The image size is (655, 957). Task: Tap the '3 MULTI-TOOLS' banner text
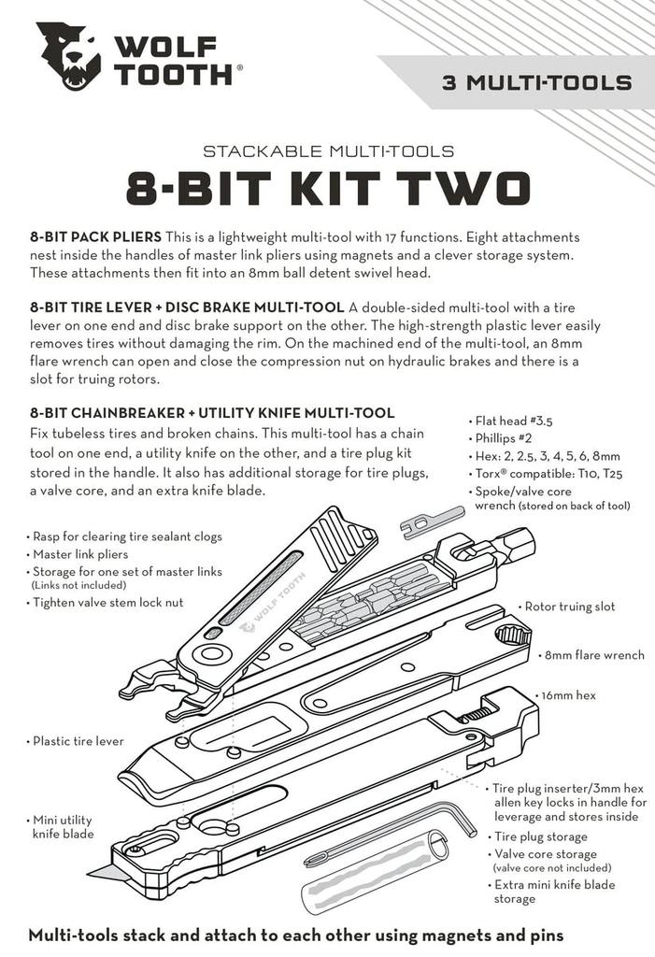click(x=536, y=82)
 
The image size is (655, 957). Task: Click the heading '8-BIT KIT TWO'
click(x=328, y=187)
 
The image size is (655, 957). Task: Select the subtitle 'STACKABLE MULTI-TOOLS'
click(x=328, y=150)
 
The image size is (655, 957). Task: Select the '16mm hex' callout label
click(x=567, y=696)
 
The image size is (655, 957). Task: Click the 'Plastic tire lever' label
click(x=78, y=741)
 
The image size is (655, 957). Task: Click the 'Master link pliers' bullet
click(x=85, y=554)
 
